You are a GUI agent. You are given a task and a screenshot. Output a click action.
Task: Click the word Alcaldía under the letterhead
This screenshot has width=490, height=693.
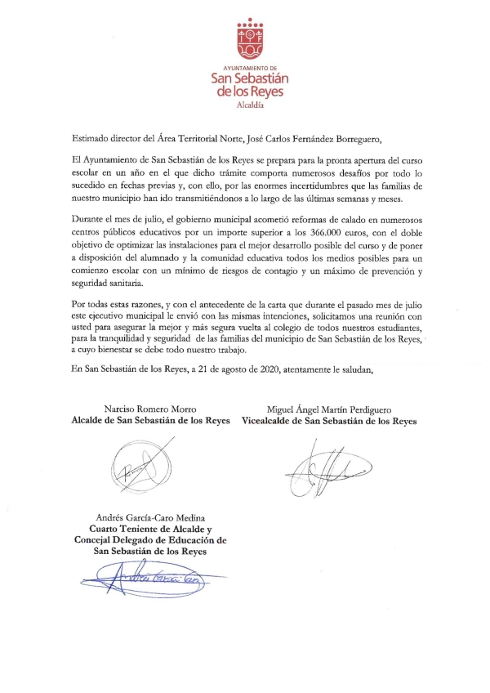coord(244,105)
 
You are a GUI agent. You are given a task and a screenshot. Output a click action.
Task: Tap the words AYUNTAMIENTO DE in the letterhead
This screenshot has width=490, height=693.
coord(244,69)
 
